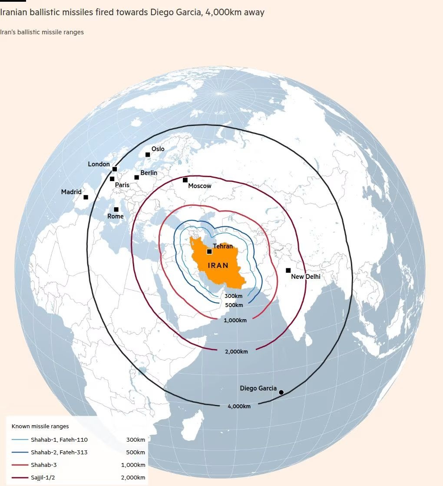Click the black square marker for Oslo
[x=148, y=155]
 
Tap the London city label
[x=99, y=164]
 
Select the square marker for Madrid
[x=86, y=197]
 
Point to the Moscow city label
[x=200, y=186]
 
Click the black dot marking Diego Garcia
[x=281, y=392]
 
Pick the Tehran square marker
[x=209, y=251]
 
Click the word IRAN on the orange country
[x=218, y=265]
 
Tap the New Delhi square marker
[x=288, y=270]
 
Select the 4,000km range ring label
[x=239, y=407]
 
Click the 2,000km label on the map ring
[x=236, y=351]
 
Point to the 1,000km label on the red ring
[x=235, y=320]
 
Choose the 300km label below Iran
[x=233, y=296]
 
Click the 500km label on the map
[x=234, y=305]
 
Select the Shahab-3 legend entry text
[x=43, y=465]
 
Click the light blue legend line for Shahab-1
[x=20, y=440]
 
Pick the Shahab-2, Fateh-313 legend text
[x=59, y=452]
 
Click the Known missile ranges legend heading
[x=40, y=426]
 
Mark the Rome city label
[x=116, y=216]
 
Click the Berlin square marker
[x=136, y=177]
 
